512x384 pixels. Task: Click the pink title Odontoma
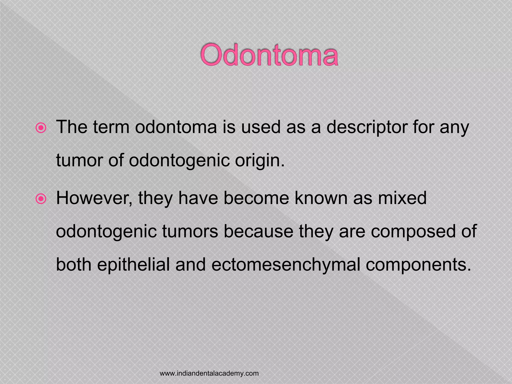coord(269,55)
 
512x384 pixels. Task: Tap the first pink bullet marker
coord(41,128)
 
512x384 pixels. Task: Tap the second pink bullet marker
coord(41,199)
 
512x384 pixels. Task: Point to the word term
coord(111,127)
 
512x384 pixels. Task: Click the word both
coord(74,264)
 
